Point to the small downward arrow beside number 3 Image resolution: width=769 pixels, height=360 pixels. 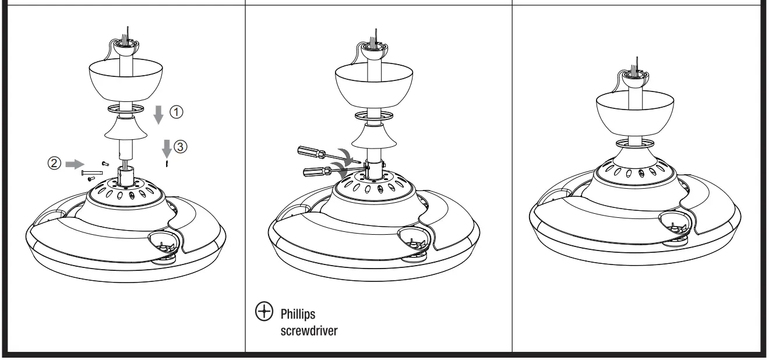[166, 149]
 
